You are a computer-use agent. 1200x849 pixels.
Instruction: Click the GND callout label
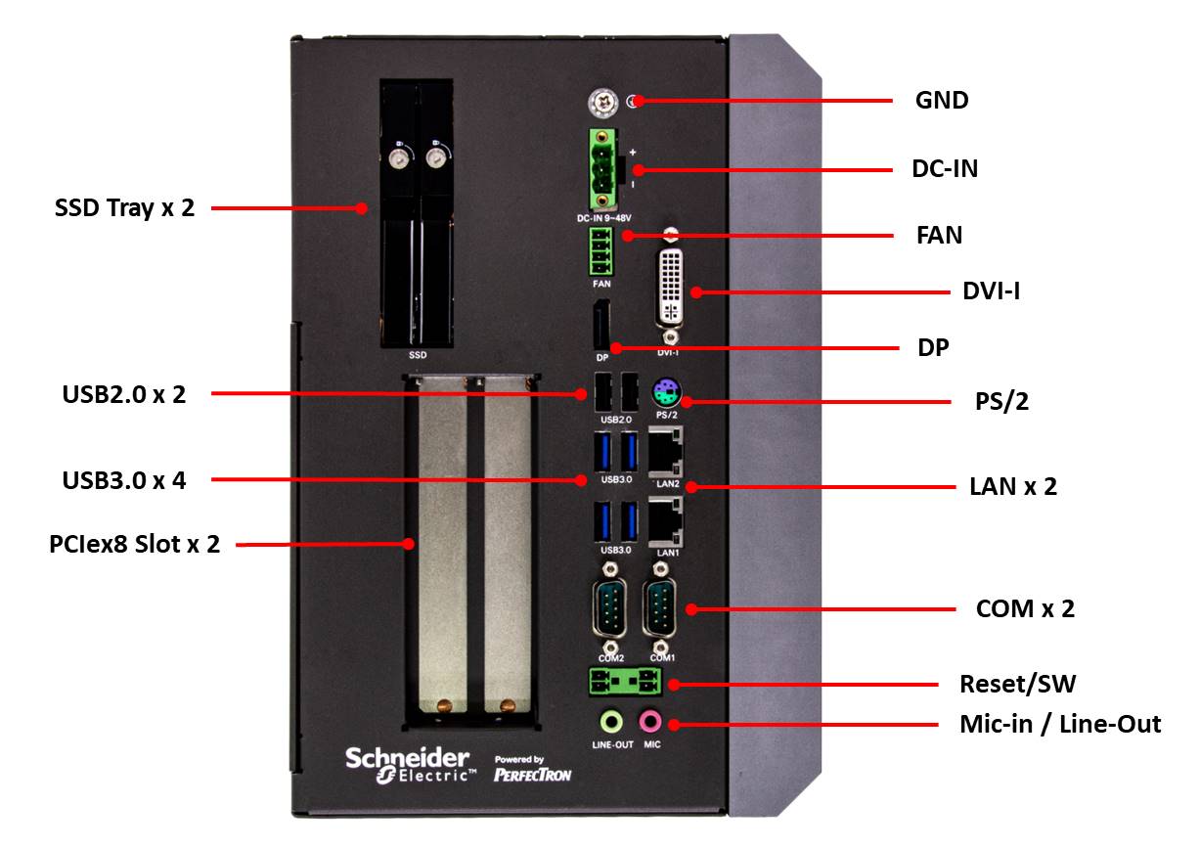click(x=942, y=100)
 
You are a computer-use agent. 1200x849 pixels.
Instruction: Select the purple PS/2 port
click(x=666, y=394)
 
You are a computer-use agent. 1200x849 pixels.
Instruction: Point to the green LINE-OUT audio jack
click(x=611, y=722)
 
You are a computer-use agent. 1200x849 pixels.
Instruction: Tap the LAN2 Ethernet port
click(x=666, y=451)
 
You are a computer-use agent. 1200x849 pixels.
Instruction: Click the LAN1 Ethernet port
click(x=666, y=518)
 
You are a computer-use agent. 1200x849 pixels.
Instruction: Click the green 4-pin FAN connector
click(x=601, y=252)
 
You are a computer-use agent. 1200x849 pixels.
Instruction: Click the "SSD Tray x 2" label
click(x=124, y=208)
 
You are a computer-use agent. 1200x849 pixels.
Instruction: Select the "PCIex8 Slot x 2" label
click(x=134, y=544)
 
